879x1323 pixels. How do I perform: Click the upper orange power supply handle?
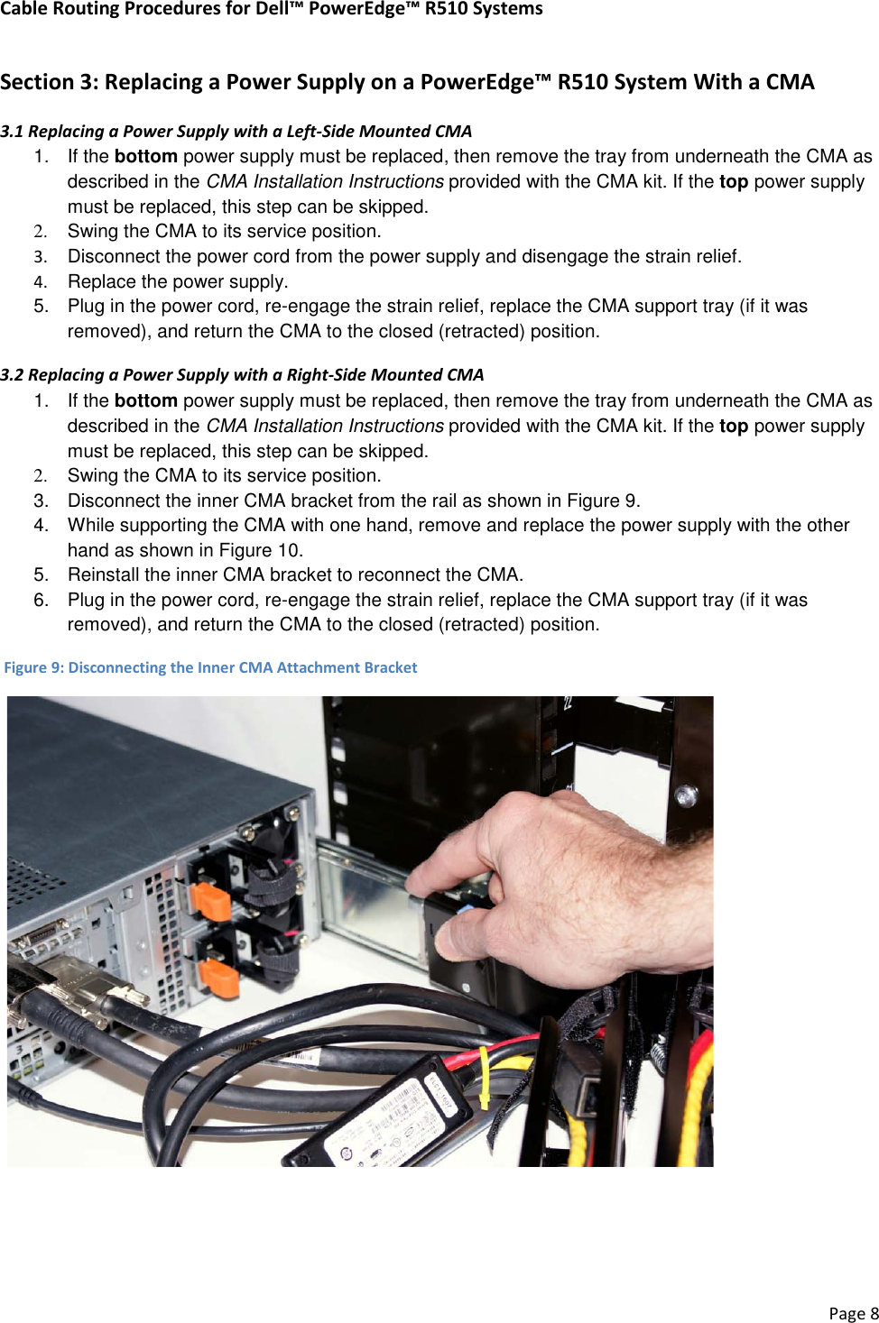click(210, 901)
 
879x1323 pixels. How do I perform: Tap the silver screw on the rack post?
click(686, 795)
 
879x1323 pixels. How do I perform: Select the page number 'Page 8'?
click(853, 1313)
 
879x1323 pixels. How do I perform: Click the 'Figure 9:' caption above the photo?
click(33, 667)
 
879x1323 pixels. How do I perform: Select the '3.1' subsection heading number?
click(12, 131)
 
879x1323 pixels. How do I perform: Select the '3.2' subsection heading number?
click(12, 374)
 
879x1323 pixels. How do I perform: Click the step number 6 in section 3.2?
click(40, 600)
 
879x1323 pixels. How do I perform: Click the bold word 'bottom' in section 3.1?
click(145, 156)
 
